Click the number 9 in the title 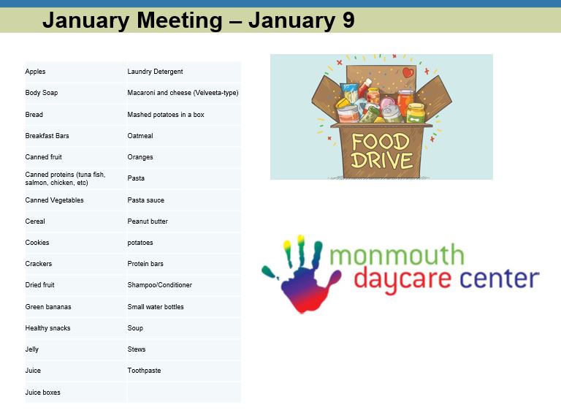tap(348, 20)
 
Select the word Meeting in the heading tap(180, 20)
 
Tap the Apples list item tap(35, 72)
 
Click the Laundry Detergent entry tap(155, 72)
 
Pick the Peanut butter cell tap(148, 221)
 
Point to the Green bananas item tap(48, 307)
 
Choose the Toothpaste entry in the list tap(144, 371)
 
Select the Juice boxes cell tap(42, 393)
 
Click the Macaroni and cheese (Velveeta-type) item tap(183, 93)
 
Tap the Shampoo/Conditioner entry tap(159, 285)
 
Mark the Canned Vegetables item tap(54, 200)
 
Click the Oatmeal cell tap(140, 136)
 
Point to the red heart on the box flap tap(408, 72)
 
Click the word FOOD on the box tap(381, 142)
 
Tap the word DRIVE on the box tap(381, 160)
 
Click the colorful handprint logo tap(301, 275)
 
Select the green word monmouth tap(397, 255)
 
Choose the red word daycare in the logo tap(402, 280)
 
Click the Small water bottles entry tap(156, 307)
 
